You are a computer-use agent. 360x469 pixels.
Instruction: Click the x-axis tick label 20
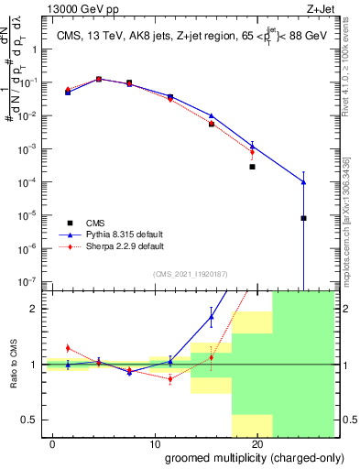(256, 442)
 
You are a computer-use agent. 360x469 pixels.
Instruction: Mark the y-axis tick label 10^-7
(27, 281)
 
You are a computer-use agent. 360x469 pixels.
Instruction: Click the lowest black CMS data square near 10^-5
(303, 218)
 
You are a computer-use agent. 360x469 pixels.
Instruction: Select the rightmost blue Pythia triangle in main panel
(303, 182)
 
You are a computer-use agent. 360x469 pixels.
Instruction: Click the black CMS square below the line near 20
(252, 167)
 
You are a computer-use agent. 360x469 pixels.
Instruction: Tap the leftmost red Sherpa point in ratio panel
(68, 348)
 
